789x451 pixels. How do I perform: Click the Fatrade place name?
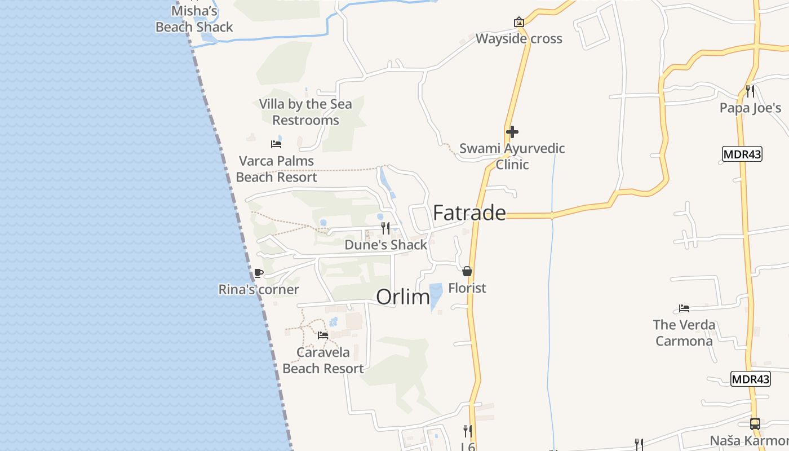(x=469, y=213)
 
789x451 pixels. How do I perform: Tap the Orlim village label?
(x=402, y=297)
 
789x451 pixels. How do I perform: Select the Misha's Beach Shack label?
(x=194, y=19)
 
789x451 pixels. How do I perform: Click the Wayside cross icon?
(x=518, y=23)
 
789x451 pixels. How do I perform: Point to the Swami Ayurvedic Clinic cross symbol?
(x=512, y=132)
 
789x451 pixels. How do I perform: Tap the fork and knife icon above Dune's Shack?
(x=385, y=228)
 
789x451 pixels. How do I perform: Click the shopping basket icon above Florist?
(x=467, y=272)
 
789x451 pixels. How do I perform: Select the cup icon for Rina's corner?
(x=258, y=273)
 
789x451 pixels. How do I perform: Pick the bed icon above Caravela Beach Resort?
(x=323, y=335)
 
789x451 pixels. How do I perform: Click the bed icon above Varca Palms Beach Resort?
(x=276, y=144)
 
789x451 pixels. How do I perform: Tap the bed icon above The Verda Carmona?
(x=684, y=308)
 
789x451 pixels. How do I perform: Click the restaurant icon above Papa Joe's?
(x=750, y=91)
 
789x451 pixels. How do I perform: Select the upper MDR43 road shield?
(x=742, y=154)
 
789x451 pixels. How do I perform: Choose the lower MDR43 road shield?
(x=750, y=379)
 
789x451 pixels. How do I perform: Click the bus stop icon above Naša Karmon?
(x=755, y=424)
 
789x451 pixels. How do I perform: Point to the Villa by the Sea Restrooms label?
(x=305, y=112)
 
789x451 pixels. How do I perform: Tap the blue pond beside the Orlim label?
(x=436, y=295)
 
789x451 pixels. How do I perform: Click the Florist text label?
(x=467, y=288)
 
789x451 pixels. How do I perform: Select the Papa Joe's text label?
(x=750, y=108)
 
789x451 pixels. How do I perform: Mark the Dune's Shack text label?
(x=386, y=245)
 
